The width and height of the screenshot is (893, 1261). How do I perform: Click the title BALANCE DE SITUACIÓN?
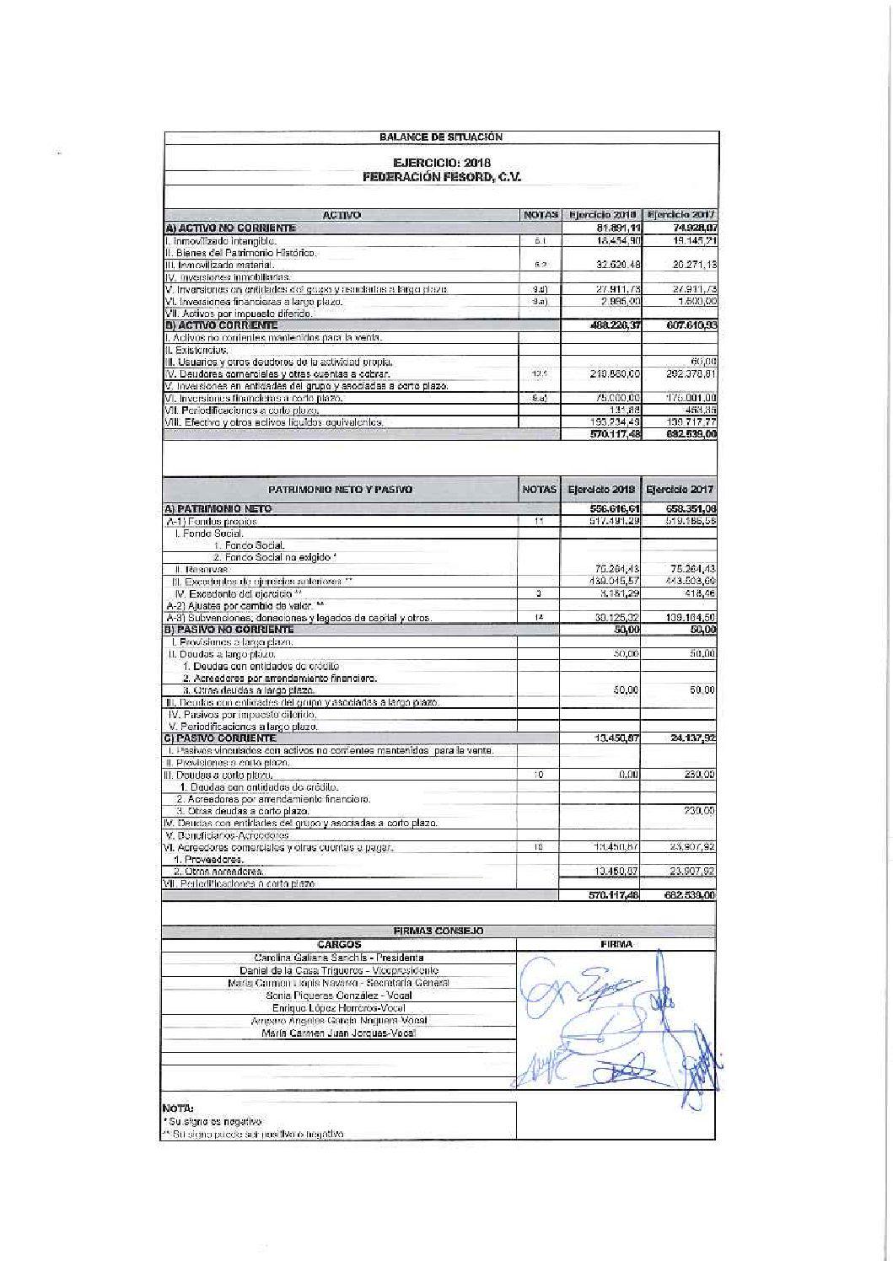(440, 137)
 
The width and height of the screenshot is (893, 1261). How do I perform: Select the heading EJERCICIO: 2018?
(442, 163)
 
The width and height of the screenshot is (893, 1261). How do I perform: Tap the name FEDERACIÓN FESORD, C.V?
(442, 177)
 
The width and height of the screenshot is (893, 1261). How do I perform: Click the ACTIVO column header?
(342, 216)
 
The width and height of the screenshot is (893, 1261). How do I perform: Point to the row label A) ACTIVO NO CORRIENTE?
(230, 228)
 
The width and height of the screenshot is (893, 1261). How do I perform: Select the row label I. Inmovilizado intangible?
(219, 241)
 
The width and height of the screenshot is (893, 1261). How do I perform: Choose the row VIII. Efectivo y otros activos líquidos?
(274, 421)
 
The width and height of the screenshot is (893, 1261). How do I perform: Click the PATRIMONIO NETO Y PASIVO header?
(341, 489)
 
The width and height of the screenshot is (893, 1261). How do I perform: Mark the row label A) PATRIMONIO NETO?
(218, 509)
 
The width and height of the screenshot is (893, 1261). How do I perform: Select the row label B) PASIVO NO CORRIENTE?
(229, 629)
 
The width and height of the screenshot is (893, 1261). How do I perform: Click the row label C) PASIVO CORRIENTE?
(220, 738)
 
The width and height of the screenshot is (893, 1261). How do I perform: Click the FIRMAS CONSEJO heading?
(438, 931)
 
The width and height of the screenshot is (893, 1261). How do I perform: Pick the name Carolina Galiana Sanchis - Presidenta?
(338, 958)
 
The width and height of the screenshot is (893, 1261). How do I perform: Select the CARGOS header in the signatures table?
(339, 944)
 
